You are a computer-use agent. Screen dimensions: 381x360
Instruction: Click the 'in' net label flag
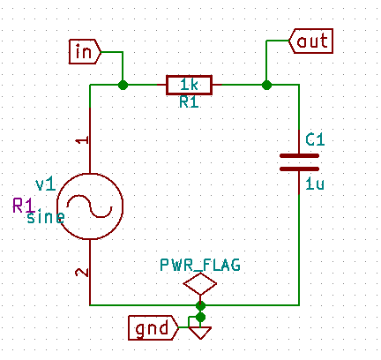point(85,52)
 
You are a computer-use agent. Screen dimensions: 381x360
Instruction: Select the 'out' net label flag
point(311,41)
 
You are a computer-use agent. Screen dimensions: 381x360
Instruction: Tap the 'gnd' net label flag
point(153,328)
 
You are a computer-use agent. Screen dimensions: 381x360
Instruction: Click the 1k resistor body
point(189,86)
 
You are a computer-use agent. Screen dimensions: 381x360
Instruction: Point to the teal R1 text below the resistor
point(189,102)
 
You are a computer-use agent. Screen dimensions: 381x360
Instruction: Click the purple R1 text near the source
point(24,206)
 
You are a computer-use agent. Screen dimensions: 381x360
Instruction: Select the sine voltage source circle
point(90,206)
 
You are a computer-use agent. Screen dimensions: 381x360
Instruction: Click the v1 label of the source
point(45,184)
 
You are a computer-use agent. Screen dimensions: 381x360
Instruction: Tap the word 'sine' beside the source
point(46,217)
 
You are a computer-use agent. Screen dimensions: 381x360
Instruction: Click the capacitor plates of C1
point(299,162)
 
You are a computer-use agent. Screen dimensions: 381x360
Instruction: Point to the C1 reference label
point(315,139)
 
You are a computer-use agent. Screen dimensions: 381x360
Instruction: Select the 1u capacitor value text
point(315,184)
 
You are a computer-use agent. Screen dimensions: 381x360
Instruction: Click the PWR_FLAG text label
point(200,265)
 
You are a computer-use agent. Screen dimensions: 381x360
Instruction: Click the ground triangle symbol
point(200,333)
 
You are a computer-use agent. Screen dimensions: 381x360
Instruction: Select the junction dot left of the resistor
point(123,86)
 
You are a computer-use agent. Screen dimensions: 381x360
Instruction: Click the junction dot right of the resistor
point(266,86)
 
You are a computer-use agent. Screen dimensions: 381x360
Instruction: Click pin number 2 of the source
point(82,273)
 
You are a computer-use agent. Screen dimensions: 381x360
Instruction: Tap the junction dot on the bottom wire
point(200,306)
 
